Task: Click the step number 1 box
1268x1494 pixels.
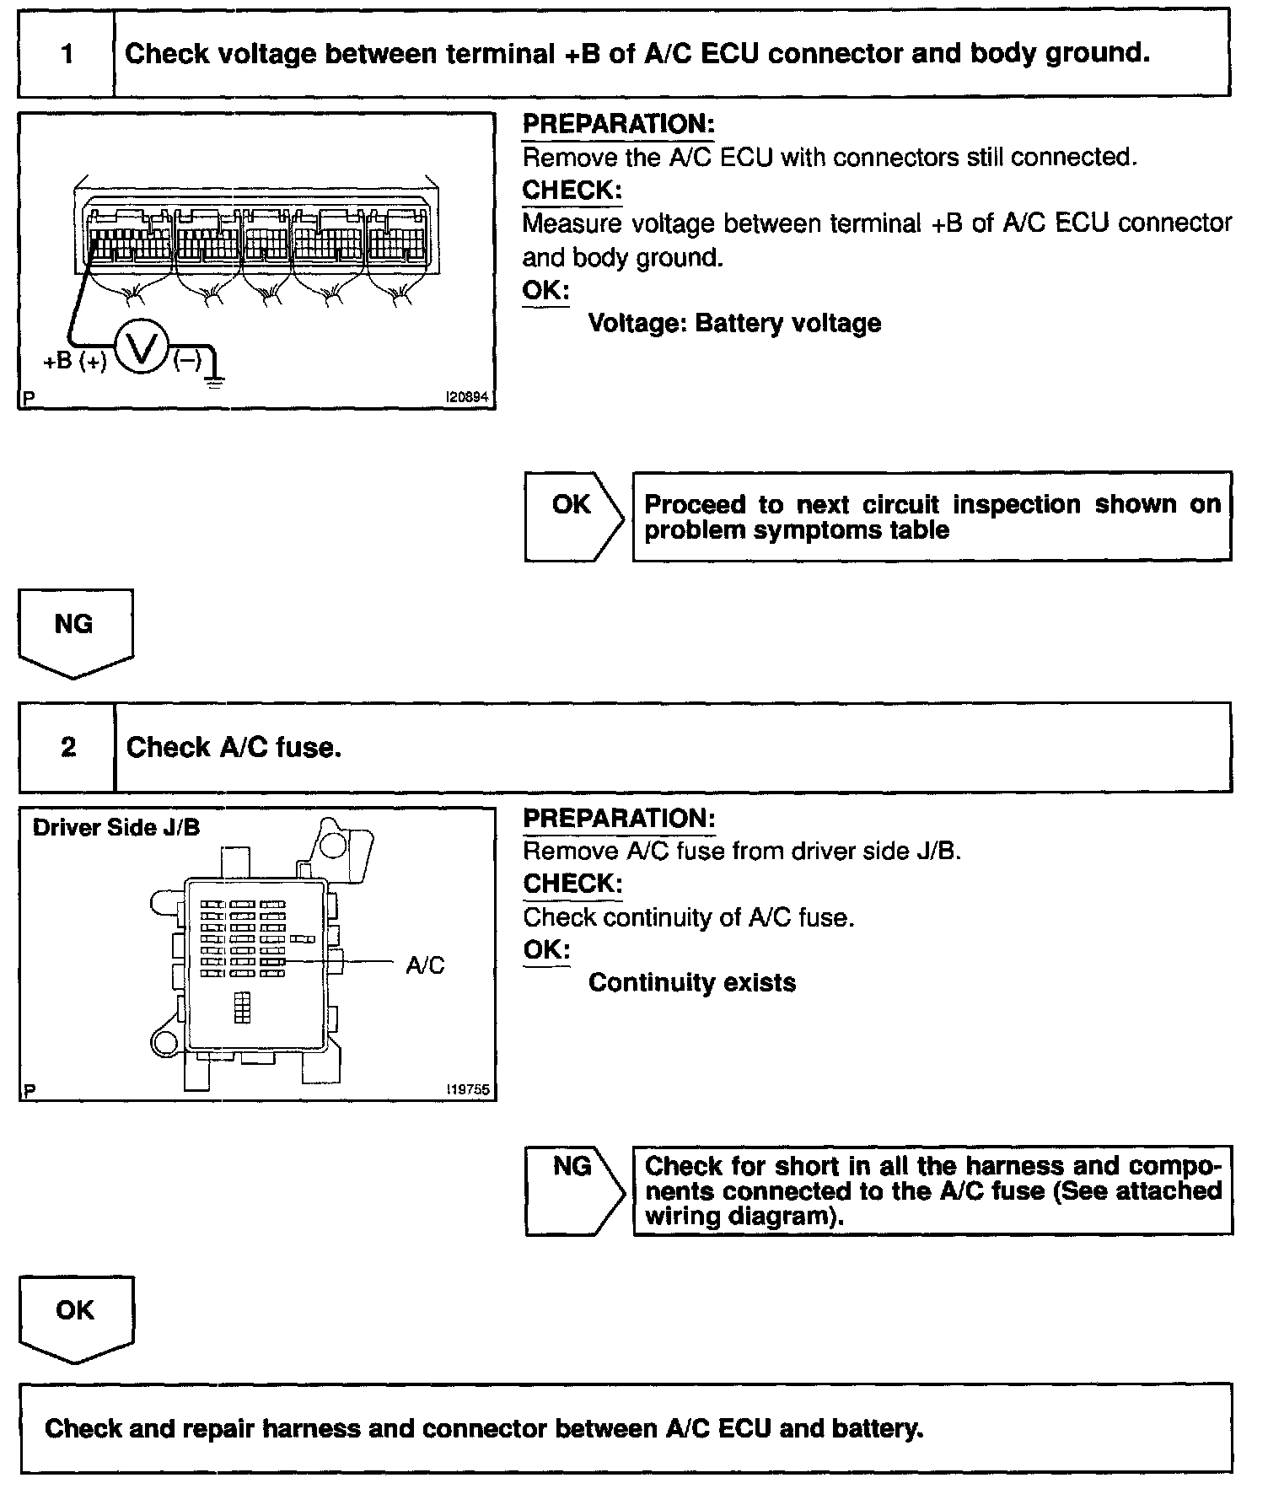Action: (x=66, y=55)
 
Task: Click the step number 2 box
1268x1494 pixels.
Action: (x=67, y=748)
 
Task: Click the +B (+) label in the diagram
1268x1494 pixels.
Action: (x=75, y=362)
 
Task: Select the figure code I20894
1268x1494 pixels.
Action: (x=468, y=398)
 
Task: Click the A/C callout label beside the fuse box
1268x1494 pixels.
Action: (x=425, y=965)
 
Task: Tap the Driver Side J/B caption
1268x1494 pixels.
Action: (x=116, y=828)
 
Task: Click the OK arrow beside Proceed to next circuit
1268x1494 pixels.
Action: (x=573, y=516)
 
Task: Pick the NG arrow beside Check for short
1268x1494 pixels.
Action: (x=574, y=1190)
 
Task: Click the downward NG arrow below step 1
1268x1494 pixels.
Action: (x=75, y=632)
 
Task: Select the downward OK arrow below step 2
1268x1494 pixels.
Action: (x=76, y=1319)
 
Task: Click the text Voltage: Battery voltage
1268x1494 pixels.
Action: (x=734, y=324)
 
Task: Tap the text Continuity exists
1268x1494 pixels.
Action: (x=691, y=983)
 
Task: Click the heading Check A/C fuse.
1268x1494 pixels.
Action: (x=234, y=748)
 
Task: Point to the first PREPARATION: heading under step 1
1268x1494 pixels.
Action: (x=618, y=125)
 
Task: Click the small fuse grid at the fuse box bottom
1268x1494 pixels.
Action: (x=243, y=1007)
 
